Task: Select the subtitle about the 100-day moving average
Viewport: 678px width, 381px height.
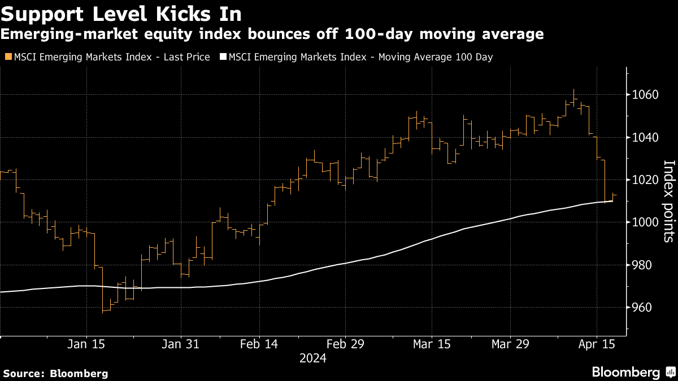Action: (x=272, y=35)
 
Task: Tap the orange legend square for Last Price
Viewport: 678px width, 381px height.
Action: (x=7, y=56)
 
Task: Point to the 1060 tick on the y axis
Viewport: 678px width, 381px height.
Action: (x=646, y=95)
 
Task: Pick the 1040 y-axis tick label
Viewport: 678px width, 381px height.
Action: (x=646, y=138)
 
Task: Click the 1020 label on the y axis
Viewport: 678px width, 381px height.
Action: (x=646, y=180)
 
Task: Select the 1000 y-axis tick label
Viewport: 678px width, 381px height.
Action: (x=646, y=222)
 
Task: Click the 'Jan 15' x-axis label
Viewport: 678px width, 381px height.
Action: (x=86, y=344)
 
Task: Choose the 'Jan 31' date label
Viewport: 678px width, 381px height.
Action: (x=180, y=344)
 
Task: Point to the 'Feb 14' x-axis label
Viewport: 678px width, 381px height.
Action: (x=259, y=344)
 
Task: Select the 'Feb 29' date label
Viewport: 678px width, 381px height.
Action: (x=345, y=344)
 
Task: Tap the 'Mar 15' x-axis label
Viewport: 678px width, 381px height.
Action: (x=432, y=344)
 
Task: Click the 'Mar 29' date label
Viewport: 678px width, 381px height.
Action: (x=510, y=344)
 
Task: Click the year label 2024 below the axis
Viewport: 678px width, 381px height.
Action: (x=313, y=358)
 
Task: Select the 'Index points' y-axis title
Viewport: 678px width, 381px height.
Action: (x=668, y=201)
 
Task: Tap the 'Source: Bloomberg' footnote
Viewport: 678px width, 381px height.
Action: (x=55, y=373)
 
